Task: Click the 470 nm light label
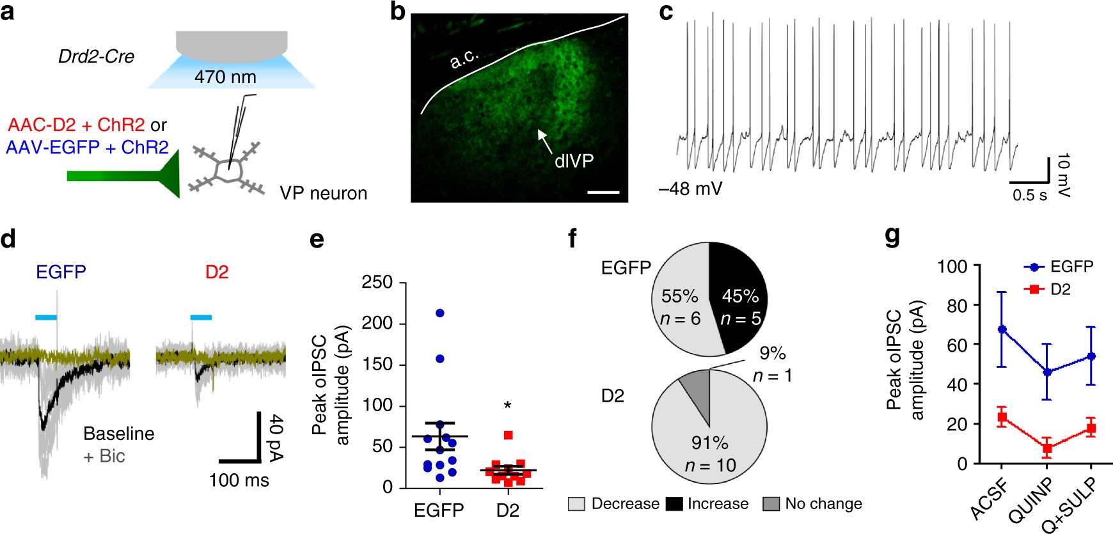click(225, 77)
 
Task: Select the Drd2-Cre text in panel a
click(96, 57)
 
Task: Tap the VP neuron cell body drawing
click(229, 171)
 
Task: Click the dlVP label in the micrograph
click(574, 161)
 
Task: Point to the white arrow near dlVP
click(544, 140)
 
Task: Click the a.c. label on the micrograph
click(464, 59)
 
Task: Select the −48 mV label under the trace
click(690, 189)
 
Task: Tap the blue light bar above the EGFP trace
click(46, 317)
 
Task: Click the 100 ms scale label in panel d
click(239, 480)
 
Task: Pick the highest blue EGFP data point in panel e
click(439, 313)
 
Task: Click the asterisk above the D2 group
click(507, 406)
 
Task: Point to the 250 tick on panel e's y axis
click(377, 282)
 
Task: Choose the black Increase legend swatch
click(674, 504)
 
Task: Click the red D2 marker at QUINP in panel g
click(1046, 448)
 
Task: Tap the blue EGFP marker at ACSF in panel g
click(1002, 329)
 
